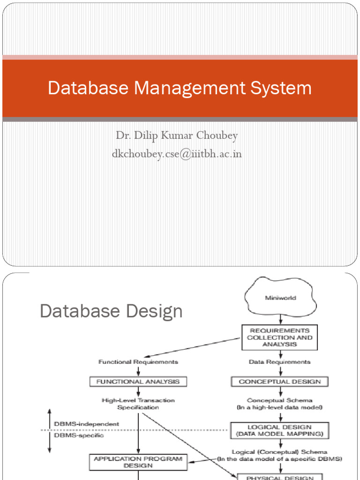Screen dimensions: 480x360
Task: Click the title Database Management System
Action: coord(180,88)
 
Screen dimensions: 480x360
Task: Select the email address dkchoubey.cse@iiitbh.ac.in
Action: coord(177,153)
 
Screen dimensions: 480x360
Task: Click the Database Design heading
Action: coord(111,311)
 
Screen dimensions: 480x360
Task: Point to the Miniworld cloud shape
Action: coord(280,298)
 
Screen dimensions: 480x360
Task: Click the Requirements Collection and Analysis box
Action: coord(280,337)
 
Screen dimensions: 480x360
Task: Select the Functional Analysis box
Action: coord(138,382)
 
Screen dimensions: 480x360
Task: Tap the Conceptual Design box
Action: coord(280,382)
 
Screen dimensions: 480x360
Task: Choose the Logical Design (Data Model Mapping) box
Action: coord(280,430)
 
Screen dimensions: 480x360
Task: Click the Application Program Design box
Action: coord(138,462)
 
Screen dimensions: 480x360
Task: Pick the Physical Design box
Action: coord(280,477)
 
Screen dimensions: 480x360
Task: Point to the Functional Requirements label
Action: coord(138,362)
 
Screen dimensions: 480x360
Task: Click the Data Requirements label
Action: coord(280,362)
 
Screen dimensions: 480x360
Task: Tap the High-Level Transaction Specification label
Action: coord(138,404)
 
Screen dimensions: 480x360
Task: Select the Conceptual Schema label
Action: coord(280,404)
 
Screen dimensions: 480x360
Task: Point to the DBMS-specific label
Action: coord(79,435)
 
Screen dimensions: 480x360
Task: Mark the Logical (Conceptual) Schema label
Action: coord(280,455)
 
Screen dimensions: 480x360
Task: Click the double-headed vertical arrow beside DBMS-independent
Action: coord(49,430)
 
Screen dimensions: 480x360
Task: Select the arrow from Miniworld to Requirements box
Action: coord(280,319)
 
